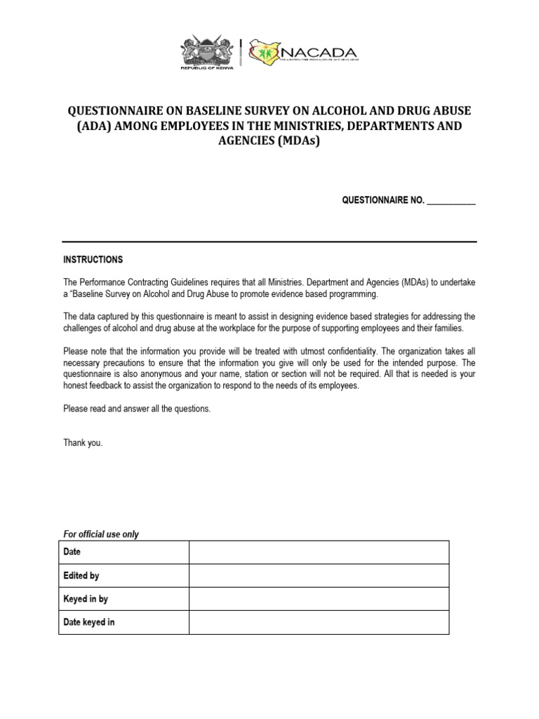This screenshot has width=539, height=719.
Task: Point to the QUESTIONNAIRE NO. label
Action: pyautogui.click(x=383, y=200)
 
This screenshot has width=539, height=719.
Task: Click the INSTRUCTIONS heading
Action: pyautogui.click(x=93, y=260)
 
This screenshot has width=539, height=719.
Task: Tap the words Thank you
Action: pyautogui.click(x=83, y=443)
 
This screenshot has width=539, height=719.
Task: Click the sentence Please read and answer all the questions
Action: pyautogui.click(x=137, y=409)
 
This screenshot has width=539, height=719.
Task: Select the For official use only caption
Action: pyautogui.click(x=101, y=534)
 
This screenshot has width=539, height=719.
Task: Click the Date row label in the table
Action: pyautogui.click(x=72, y=553)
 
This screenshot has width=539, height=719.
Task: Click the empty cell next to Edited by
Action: pyautogui.click(x=319, y=576)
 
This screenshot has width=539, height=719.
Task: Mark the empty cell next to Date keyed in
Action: pyautogui.click(x=319, y=622)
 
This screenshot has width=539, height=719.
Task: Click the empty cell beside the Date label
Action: pyautogui.click(x=319, y=553)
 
